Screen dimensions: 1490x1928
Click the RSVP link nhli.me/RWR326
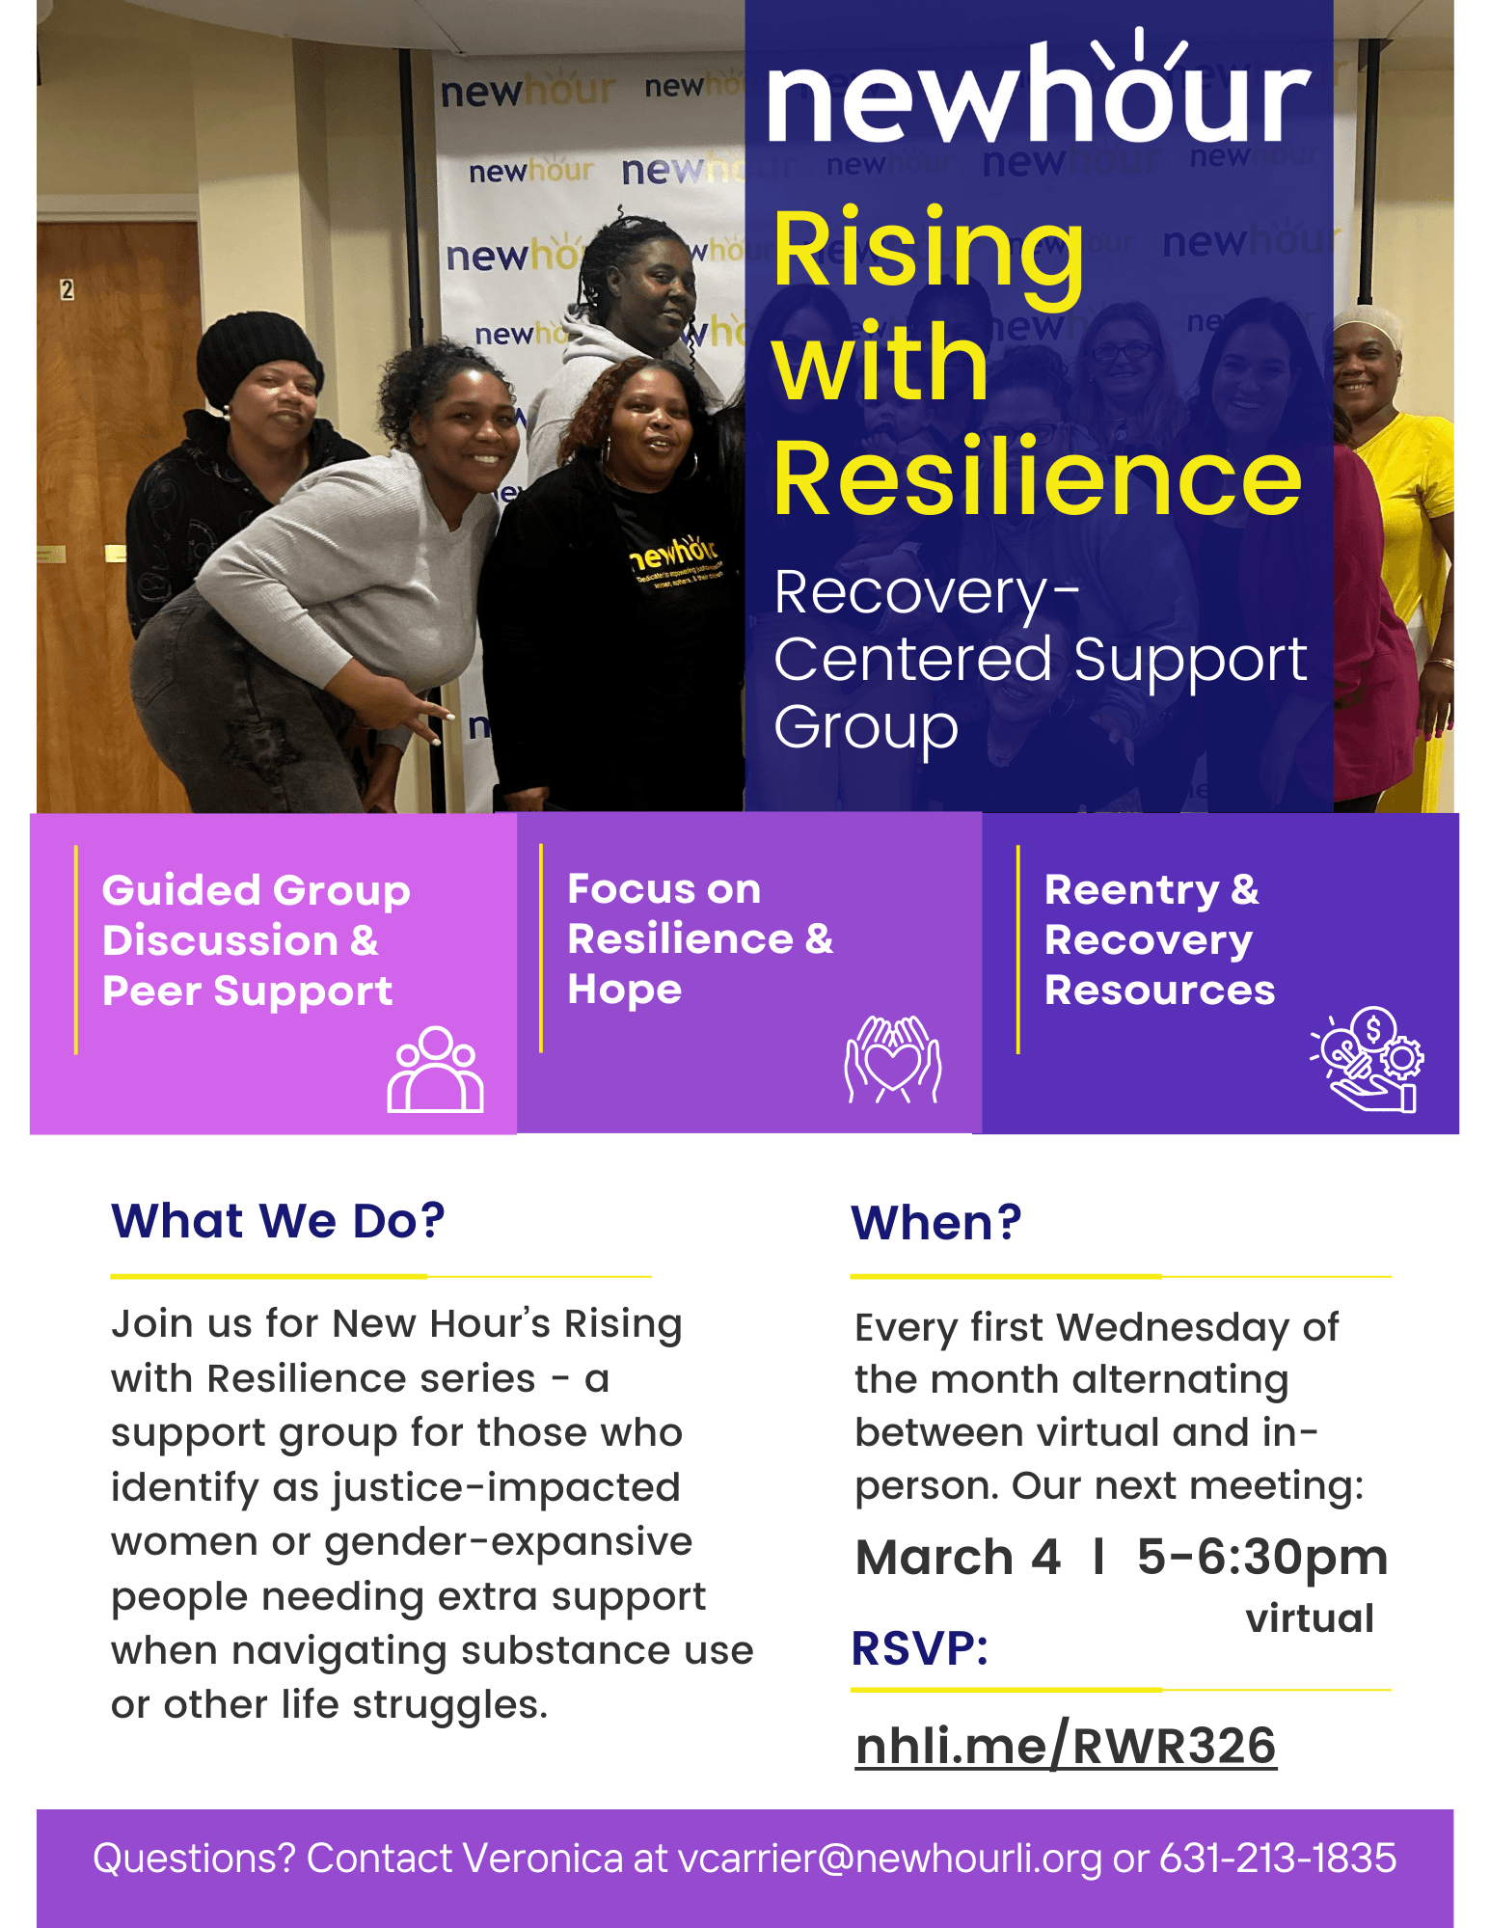1066,1746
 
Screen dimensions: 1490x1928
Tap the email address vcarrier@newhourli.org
889,1859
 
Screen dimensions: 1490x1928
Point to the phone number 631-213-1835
1278,1858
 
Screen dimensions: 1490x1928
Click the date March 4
958,1557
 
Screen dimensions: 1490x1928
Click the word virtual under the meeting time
1310,1618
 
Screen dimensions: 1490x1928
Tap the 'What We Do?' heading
278,1221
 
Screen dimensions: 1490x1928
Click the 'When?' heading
935,1223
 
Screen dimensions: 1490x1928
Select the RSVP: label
920,1648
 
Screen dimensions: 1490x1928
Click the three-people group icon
436,1070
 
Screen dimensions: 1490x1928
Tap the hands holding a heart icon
893,1059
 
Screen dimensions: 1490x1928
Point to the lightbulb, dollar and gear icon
1367,1059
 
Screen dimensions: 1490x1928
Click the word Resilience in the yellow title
1038,477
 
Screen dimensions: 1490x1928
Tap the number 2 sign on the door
67,289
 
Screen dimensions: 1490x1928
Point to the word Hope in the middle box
625,991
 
